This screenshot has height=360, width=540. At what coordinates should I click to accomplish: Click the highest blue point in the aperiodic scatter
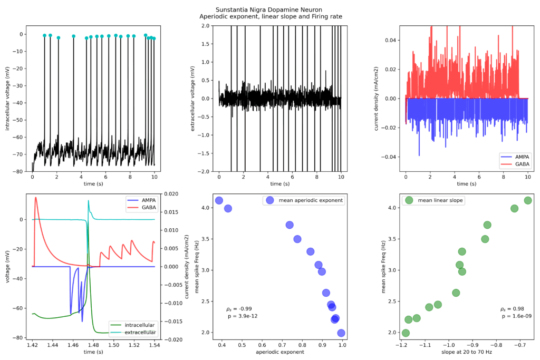click(x=219, y=200)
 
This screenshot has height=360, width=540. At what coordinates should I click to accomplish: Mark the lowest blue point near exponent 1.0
click(x=341, y=333)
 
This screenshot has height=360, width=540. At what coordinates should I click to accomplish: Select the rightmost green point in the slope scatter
click(x=528, y=200)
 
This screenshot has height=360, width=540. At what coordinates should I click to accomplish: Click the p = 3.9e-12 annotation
click(x=242, y=316)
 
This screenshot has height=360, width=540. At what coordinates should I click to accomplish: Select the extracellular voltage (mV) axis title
click(x=193, y=99)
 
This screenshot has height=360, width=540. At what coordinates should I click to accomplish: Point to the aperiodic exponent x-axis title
click(x=280, y=352)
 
